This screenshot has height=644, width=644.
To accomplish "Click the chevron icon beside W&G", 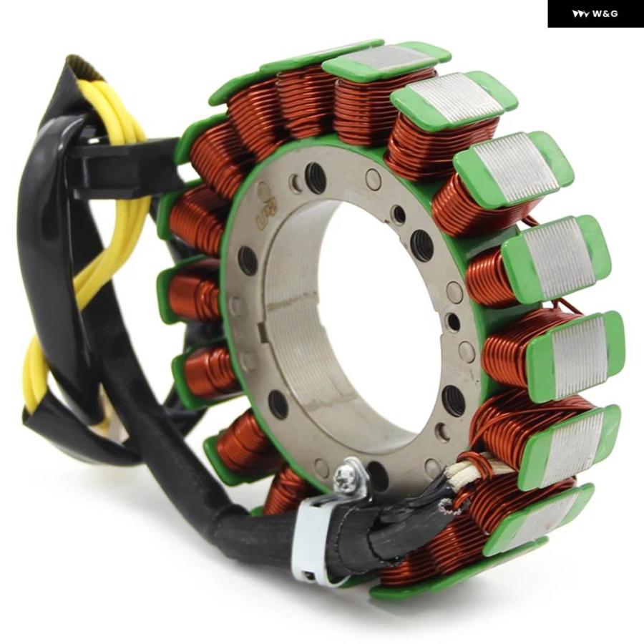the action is click(581, 14).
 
